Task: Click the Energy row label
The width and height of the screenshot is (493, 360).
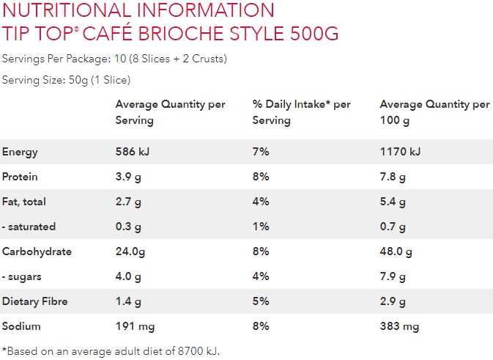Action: [x=20, y=152]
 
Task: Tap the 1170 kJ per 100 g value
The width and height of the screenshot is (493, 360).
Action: [x=400, y=152]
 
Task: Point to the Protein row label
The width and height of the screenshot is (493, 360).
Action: [x=20, y=177]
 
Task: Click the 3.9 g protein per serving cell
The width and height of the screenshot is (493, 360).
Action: [x=128, y=177]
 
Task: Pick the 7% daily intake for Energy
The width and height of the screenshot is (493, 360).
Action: [x=261, y=152]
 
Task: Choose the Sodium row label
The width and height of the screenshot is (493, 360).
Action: [x=21, y=326]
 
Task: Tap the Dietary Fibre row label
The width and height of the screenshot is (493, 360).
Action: [x=34, y=301]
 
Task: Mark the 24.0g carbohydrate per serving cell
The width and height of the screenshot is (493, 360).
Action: [x=130, y=251]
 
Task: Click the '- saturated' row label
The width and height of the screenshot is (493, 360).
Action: [x=29, y=227]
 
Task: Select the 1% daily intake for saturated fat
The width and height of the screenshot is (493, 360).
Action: [x=261, y=227]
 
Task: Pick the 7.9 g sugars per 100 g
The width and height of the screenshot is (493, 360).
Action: [x=393, y=276]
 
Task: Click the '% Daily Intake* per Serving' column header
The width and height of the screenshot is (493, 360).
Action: [x=301, y=112]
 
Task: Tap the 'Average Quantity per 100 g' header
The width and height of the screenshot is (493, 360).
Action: [x=434, y=112]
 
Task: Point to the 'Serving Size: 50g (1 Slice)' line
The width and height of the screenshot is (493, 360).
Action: [x=67, y=79]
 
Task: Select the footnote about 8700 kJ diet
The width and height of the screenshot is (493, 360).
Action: [x=111, y=350]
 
